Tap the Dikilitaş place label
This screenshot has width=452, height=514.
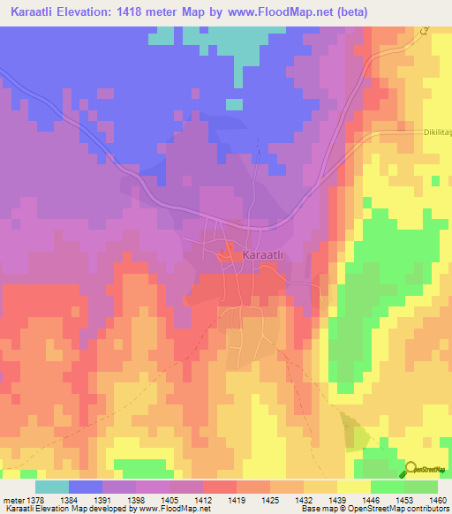432,132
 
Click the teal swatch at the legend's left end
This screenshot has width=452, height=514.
52,487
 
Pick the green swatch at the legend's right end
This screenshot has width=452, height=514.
420,487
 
